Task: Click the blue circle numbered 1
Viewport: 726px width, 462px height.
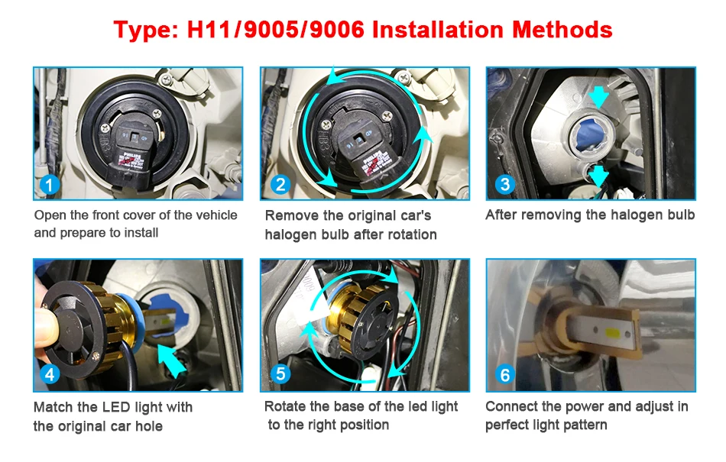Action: point(50,185)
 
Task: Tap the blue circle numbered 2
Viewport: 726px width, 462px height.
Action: point(280,185)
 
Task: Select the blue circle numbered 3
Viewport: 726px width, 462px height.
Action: point(505,184)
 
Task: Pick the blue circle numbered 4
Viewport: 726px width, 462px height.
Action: point(50,374)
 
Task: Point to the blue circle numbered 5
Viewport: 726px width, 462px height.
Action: point(280,373)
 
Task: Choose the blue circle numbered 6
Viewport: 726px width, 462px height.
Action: point(505,375)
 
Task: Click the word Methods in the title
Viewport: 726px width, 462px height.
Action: point(562,30)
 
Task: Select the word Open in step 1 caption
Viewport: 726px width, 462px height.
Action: point(48,216)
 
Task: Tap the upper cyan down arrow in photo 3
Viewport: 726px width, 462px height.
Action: point(598,97)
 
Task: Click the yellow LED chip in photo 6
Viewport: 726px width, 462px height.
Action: point(612,331)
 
